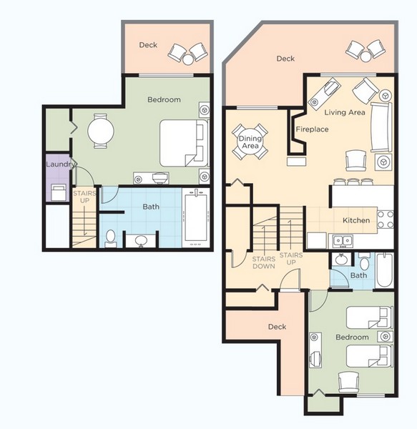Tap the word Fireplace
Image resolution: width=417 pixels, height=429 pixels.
click(312, 129)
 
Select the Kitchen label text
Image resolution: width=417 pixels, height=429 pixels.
click(355, 220)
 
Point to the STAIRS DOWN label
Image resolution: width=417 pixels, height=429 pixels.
click(264, 262)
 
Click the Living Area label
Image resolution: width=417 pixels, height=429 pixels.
click(345, 113)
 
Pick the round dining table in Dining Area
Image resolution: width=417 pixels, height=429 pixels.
click(250, 142)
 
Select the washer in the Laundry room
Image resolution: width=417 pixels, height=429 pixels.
click(58, 192)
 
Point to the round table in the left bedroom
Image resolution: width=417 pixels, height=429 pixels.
click(101, 131)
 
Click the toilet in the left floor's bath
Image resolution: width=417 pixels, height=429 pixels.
click(110, 238)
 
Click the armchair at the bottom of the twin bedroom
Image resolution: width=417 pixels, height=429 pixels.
click(348, 381)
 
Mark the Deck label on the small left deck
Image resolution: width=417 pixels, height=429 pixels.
click(148, 45)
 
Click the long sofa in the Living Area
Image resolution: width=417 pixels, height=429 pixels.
click(381, 127)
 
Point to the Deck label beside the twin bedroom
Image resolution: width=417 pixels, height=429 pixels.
click(277, 327)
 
